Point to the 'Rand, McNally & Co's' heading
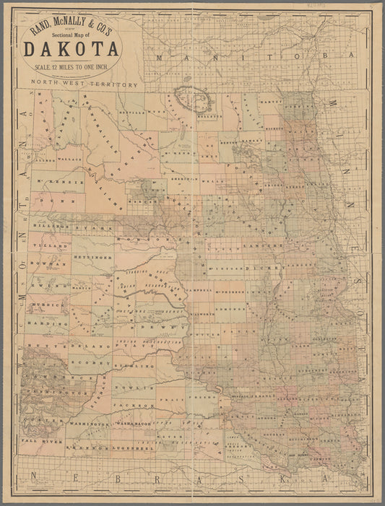[72, 30]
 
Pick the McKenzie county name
[64, 181]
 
